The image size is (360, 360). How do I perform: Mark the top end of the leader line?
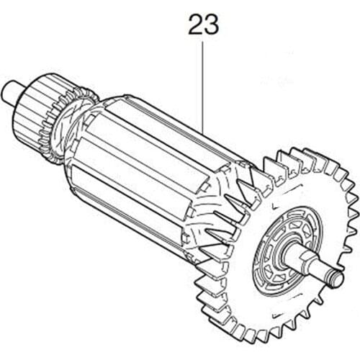(203, 42)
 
